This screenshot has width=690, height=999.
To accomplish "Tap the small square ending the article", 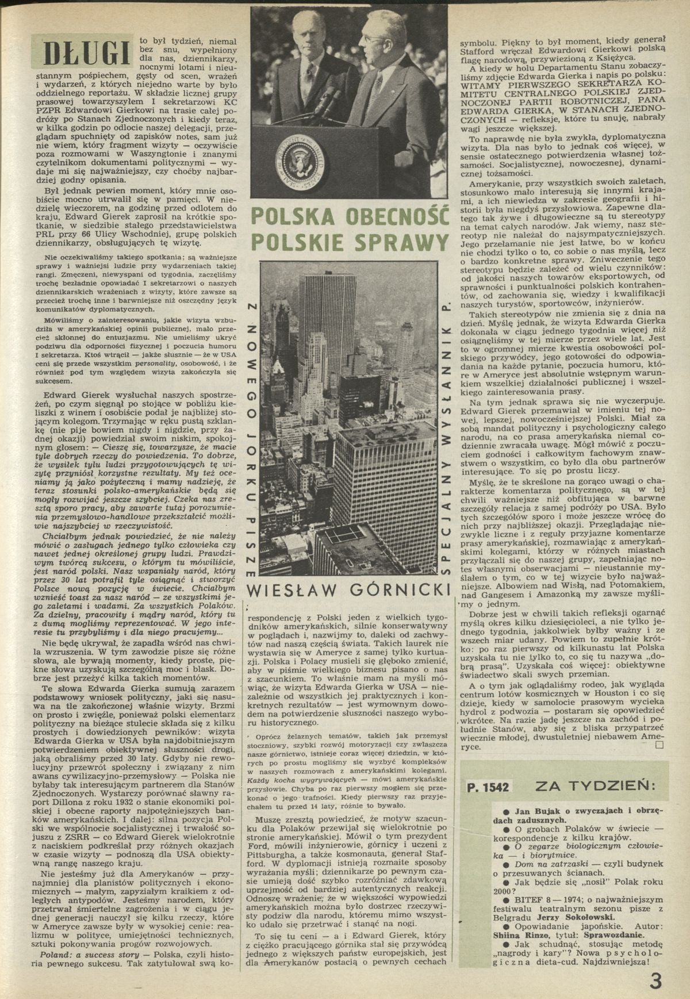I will point(659,745).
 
